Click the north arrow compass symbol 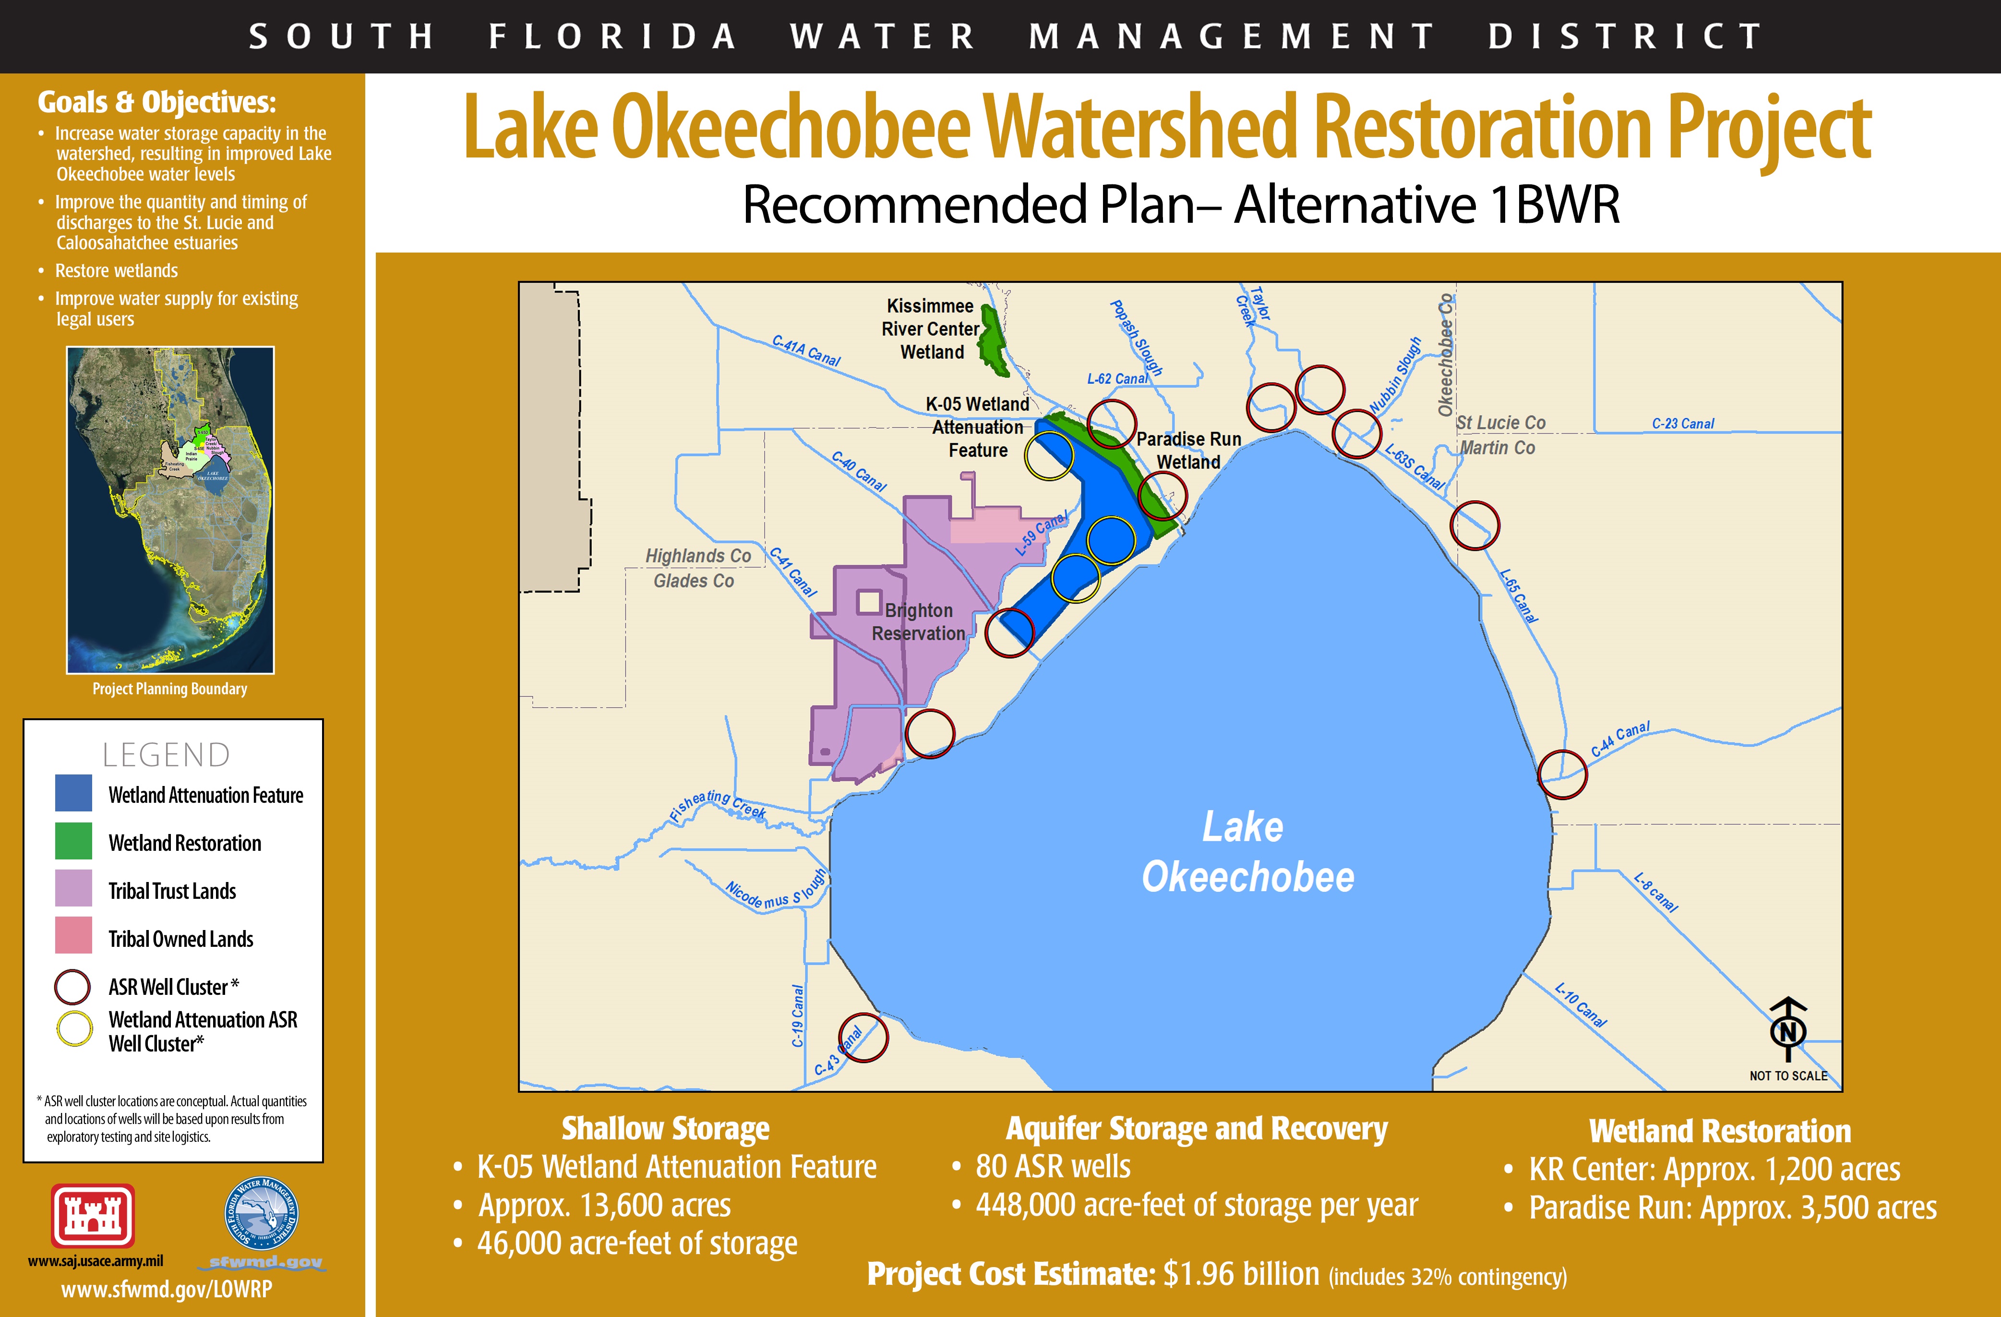(1788, 1030)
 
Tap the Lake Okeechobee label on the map (1247, 852)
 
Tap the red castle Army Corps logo (93, 1215)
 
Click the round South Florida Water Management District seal (262, 1214)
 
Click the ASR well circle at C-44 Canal (1562, 773)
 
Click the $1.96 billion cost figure (1241, 1274)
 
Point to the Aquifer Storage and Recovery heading (1197, 1129)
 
